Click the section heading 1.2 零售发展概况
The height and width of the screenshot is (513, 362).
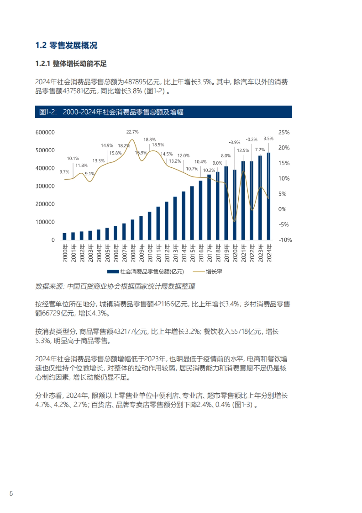click(66, 45)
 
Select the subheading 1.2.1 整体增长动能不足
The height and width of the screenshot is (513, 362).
click(71, 64)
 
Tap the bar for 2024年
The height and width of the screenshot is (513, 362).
click(268, 196)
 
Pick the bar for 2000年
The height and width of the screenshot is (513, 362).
click(64, 237)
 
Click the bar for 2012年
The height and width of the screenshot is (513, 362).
click(166, 221)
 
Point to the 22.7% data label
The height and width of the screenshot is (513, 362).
click(132, 132)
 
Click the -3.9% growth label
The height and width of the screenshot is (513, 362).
click(234, 142)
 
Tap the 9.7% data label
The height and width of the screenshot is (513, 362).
click(64, 172)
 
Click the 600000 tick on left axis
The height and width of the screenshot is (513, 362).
click(45, 132)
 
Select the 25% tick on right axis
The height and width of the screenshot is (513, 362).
click(284, 132)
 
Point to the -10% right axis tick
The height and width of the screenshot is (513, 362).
click(285, 240)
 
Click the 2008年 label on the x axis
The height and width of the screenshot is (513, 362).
click(132, 253)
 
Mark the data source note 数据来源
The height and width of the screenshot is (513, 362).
click(115, 286)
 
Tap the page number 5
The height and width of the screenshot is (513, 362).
click(11, 493)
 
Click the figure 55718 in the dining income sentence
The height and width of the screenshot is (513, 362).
click(241, 331)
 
